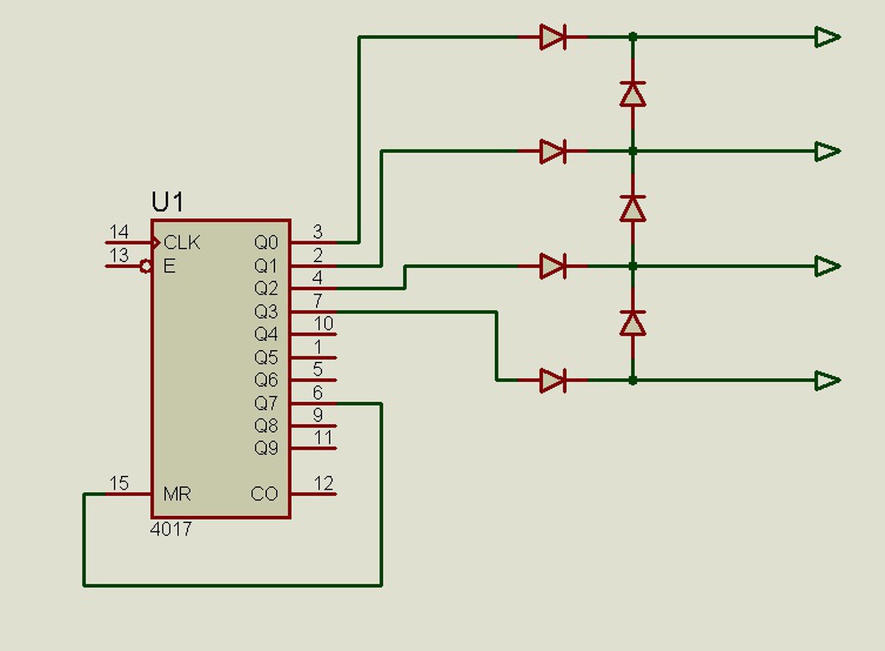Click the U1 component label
click(167, 202)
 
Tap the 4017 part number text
click(171, 529)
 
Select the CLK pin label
click(182, 242)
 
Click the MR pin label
click(177, 494)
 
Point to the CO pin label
click(264, 494)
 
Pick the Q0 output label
click(266, 242)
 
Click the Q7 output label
click(266, 403)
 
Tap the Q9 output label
click(266, 448)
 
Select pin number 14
click(119, 232)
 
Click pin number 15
click(119, 483)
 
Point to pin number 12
click(324, 483)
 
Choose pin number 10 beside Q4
click(324, 323)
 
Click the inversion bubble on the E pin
click(146, 266)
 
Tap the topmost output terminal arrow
click(828, 37)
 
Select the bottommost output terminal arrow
click(828, 380)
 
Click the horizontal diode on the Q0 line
click(552, 37)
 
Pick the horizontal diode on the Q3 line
click(552, 380)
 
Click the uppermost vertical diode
click(633, 94)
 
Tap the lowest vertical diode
click(633, 323)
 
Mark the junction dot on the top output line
click(633, 37)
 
